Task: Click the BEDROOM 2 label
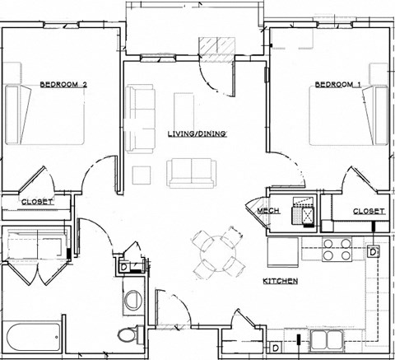63,84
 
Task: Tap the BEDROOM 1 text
337,84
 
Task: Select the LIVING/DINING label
197,133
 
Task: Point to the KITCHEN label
280,282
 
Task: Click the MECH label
268,211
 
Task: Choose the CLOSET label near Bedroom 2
37,202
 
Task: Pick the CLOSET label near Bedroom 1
368,211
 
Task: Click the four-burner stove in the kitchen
337,250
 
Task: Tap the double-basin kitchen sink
326,340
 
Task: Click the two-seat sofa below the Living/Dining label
191,171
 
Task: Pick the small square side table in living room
142,174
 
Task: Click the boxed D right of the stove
373,251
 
